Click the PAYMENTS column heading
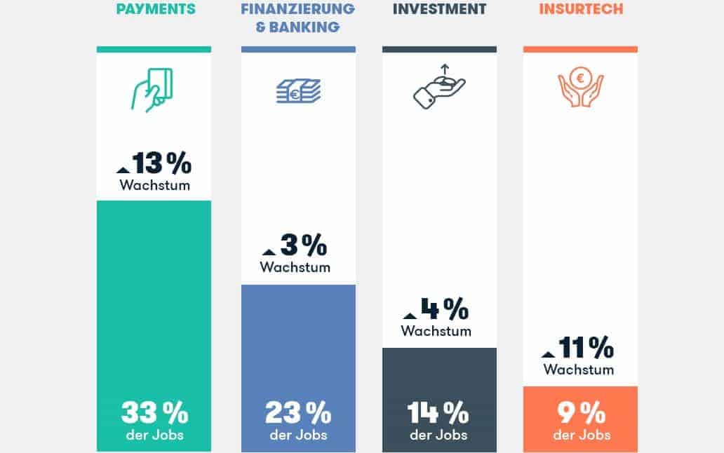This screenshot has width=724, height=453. (x=155, y=10)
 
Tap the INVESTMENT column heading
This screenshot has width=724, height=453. (x=439, y=10)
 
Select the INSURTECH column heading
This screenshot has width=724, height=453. (x=580, y=10)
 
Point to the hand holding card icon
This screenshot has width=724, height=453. (x=152, y=90)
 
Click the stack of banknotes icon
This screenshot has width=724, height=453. (x=298, y=91)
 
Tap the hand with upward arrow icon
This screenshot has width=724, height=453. (x=439, y=87)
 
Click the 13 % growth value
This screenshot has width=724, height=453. (x=161, y=163)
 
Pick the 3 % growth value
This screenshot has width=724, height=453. (x=303, y=245)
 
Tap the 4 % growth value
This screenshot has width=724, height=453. (x=444, y=309)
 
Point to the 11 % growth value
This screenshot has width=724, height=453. (x=586, y=347)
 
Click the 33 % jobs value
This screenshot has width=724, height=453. (x=154, y=413)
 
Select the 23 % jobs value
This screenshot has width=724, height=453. (x=298, y=413)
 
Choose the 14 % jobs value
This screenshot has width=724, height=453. (x=438, y=413)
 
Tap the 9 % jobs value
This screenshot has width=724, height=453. (x=581, y=413)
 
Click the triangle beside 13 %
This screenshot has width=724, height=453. (x=123, y=169)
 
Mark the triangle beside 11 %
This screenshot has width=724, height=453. (x=549, y=353)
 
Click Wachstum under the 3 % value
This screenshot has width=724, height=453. (x=295, y=267)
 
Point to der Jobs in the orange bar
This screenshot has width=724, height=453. (x=582, y=435)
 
